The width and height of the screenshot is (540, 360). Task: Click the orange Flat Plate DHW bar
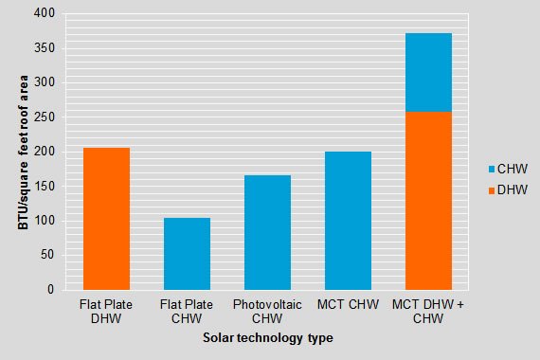tap(106, 219)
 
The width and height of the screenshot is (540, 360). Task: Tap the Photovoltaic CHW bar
tap(267, 232)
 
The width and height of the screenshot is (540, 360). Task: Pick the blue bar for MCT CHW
tap(348, 221)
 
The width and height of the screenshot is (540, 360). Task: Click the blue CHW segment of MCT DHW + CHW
tap(428, 73)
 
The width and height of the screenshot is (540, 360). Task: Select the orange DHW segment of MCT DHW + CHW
tap(428, 201)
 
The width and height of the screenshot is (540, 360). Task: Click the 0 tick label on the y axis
tap(51, 290)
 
